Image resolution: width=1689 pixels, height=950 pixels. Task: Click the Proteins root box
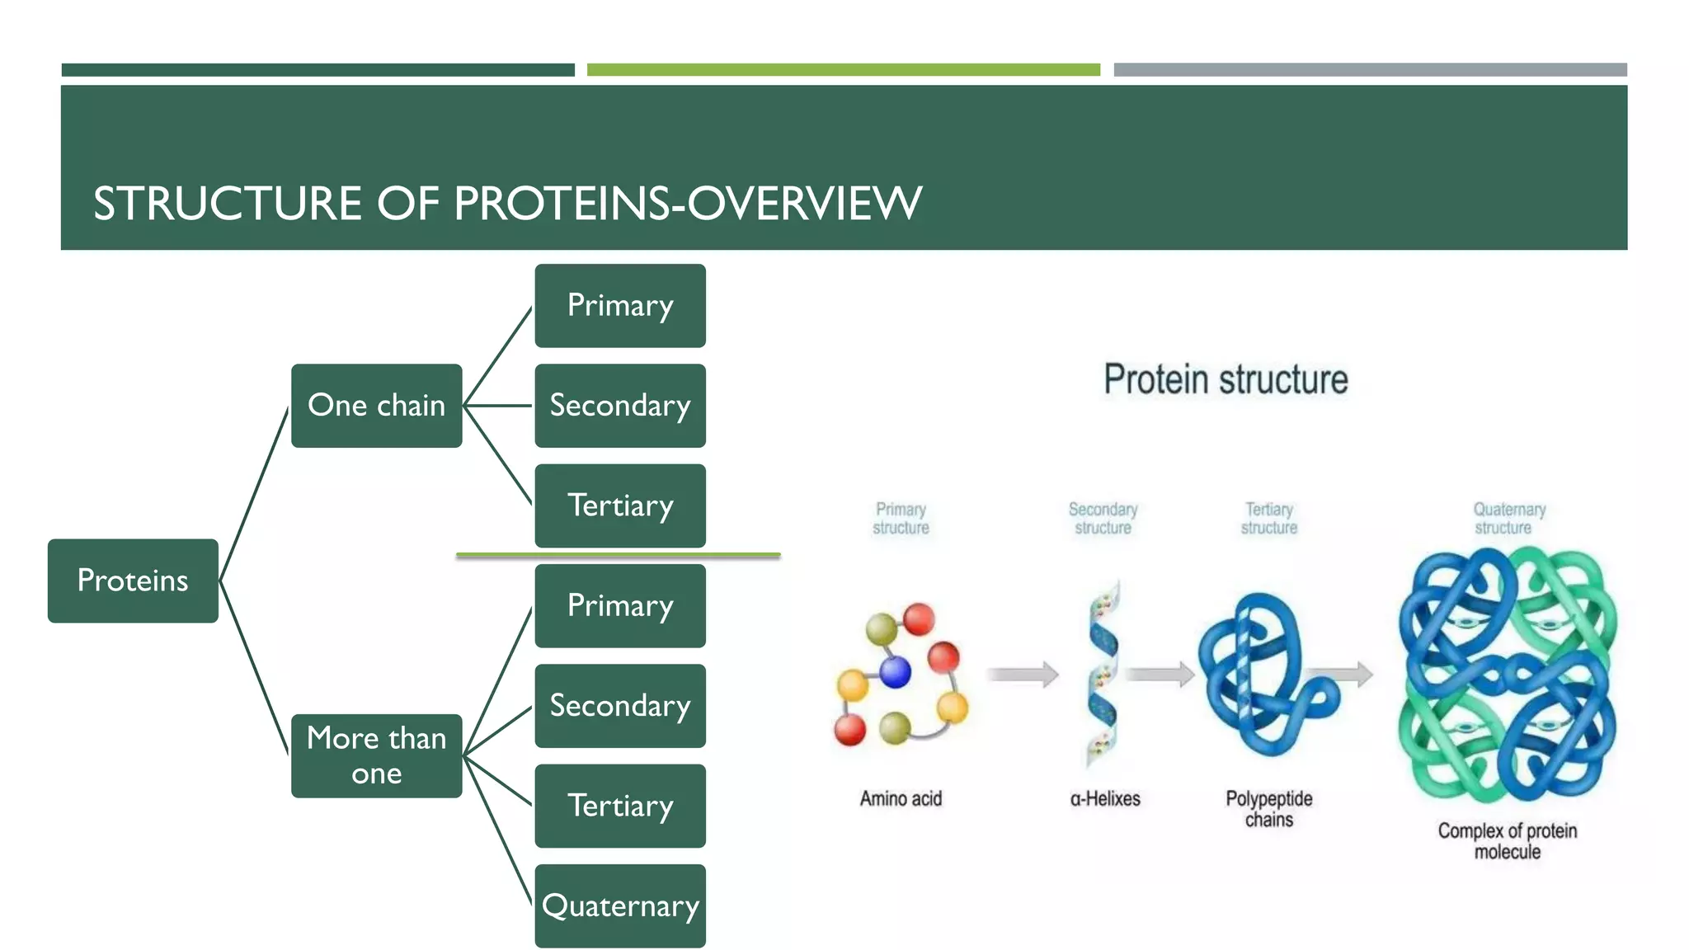point(133,581)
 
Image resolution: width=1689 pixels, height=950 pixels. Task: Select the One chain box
point(376,406)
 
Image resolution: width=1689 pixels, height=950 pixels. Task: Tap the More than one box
point(376,755)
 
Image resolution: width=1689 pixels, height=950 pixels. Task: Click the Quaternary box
point(620,905)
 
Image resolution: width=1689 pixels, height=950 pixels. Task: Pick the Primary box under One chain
point(620,305)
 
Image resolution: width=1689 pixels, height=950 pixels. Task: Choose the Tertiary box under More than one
point(620,806)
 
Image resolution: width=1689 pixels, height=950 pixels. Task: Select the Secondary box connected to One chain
point(620,406)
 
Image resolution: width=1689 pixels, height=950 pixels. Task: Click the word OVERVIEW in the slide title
point(804,204)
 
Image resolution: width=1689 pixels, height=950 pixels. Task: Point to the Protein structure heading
point(1226,380)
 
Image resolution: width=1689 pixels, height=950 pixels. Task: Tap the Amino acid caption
point(901,798)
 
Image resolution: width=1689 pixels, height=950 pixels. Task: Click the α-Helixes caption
point(1105,798)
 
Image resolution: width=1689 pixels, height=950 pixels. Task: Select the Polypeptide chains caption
point(1268,809)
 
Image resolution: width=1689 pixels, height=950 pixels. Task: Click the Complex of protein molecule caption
point(1507,841)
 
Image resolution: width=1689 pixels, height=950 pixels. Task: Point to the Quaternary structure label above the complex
point(1508,519)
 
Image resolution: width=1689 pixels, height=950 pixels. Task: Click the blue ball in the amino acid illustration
point(895,672)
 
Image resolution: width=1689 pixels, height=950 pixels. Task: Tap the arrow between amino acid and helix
point(1023,674)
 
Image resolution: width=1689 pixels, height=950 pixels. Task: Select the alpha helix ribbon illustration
point(1103,672)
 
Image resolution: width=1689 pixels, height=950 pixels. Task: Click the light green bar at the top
point(843,70)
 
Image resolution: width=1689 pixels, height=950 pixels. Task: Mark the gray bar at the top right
point(1370,70)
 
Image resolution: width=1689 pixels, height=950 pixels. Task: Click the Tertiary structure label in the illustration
point(1268,519)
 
